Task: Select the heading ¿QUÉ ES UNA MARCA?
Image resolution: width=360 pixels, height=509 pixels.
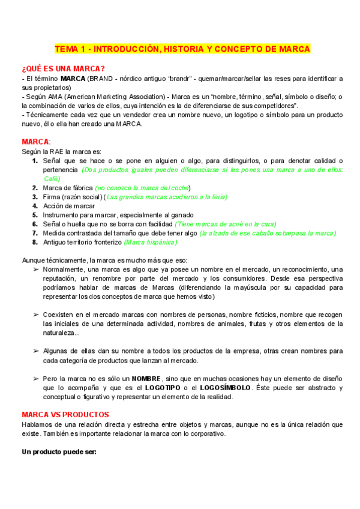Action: [x=62, y=68]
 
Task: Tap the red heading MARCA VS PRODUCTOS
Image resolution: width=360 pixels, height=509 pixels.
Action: [x=65, y=414]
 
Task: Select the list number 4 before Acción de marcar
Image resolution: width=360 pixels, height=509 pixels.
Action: [x=35, y=205]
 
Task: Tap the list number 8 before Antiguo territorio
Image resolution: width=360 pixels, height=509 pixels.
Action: [x=35, y=242]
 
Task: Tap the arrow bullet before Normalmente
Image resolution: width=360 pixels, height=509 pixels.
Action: [x=35, y=270]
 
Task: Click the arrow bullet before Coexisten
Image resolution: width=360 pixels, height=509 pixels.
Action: [x=35, y=315]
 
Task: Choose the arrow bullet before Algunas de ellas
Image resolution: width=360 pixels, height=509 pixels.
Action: [x=35, y=351]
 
